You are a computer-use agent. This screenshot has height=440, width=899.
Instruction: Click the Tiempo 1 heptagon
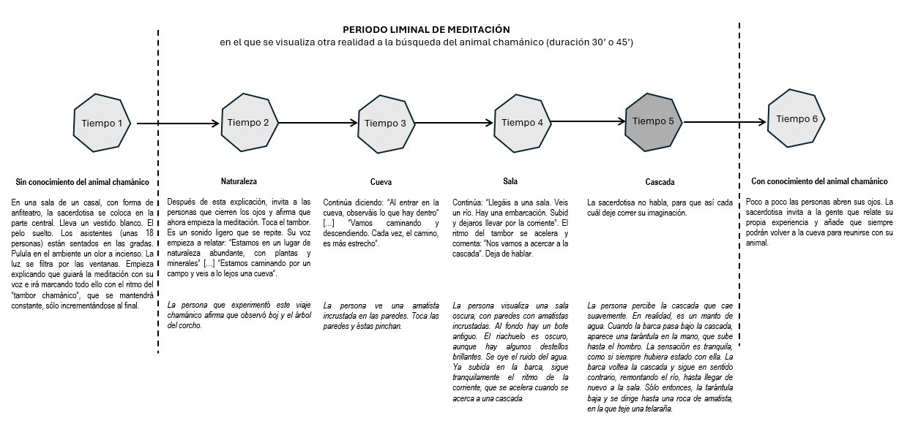[x=102, y=123]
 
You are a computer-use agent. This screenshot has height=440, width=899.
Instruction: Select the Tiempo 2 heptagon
[x=248, y=123]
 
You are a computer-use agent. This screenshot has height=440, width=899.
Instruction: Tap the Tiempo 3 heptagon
[x=385, y=123]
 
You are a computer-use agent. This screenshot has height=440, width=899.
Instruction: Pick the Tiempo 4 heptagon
[x=523, y=123]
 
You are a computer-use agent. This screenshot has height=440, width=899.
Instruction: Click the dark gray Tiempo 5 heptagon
[x=653, y=121]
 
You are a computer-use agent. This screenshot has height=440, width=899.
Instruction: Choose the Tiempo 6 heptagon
[x=797, y=119]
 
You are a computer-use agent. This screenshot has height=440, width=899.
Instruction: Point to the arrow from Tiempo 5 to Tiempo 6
[x=725, y=122]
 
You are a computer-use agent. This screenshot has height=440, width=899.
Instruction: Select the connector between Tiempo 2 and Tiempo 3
[x=316, y=124]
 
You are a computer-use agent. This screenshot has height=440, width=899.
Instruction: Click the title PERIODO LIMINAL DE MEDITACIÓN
[x=426, y=30]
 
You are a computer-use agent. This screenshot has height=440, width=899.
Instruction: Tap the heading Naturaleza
[x=239, y=181]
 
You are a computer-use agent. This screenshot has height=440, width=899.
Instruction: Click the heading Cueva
[x=381, y=181]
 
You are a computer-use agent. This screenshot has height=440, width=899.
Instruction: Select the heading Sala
[x=510, y=181]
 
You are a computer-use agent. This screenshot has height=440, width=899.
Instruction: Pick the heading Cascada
[x=660, y=181]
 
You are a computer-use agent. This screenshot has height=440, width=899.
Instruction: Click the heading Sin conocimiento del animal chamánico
[x=82, y=181]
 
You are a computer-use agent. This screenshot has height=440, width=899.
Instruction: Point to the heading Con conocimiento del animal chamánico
[x=819, y=181]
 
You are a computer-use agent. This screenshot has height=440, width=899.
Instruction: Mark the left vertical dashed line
[x=158, y=219]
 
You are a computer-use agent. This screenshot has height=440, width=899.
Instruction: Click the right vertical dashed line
[x=739, y=219]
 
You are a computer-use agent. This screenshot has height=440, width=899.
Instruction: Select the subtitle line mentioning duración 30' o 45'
[x=426, y=43]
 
